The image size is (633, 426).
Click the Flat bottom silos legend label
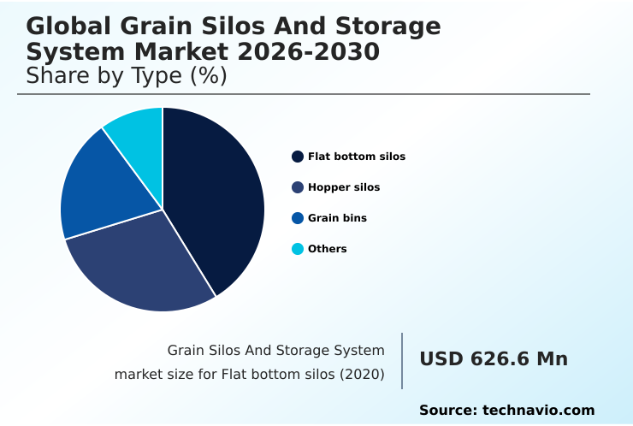tap(356, 157)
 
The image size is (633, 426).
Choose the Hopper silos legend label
tap(343, 187)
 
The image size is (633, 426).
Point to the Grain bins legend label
tap(337, 218)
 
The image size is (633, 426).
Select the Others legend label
tap(327, 249)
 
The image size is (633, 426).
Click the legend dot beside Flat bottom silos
tap(298, 157)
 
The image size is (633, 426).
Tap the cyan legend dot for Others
tap(298, 249)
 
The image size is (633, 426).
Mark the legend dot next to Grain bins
tap(298, 218)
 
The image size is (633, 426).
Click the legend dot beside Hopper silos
tap(298, 187)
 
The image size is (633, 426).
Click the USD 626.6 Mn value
tap(493, 359)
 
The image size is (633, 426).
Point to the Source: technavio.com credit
tap(506, 411)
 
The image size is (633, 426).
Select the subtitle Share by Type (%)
tap(126, 76)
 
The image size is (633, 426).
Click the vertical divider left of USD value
tap(402, 360)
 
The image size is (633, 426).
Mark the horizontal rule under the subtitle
tap(304, 94)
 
